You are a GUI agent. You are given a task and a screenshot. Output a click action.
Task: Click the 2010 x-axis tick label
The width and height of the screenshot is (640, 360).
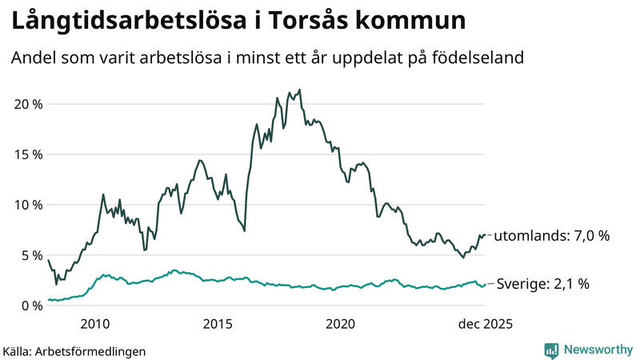(95, 324)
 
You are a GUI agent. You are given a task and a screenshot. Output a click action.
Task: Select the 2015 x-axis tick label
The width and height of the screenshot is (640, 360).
(218, 324)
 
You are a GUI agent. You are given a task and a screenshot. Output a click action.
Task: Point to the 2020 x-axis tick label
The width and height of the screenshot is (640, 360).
(340, 324)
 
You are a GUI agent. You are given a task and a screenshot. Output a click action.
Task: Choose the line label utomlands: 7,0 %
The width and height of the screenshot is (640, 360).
(551, 236)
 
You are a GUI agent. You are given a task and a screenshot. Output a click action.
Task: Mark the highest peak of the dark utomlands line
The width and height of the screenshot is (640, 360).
(299, 90)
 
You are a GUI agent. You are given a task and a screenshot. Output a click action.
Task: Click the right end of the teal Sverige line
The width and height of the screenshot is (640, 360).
(485, 284)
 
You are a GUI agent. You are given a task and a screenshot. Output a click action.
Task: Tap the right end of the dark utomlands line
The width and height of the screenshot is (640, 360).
(485, 235)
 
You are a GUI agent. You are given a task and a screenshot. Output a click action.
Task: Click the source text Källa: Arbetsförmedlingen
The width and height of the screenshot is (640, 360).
(74, 351)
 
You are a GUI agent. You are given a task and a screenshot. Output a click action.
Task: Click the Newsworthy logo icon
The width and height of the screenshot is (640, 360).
(551, 350)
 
